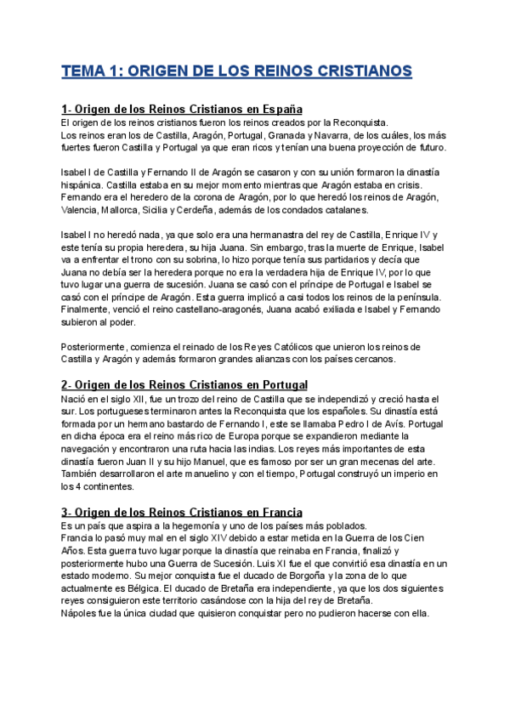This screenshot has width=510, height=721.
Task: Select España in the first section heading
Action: click(278, 110)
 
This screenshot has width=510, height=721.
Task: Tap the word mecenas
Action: click(359, 462)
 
